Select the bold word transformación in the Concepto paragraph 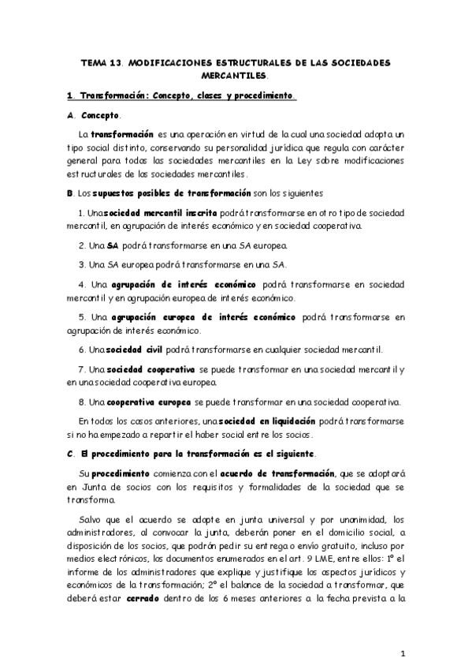(x=121, y=135)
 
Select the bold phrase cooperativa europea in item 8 (x=149, y=400)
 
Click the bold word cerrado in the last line (x=147, y=597)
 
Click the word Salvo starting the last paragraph (x=91, y=519)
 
